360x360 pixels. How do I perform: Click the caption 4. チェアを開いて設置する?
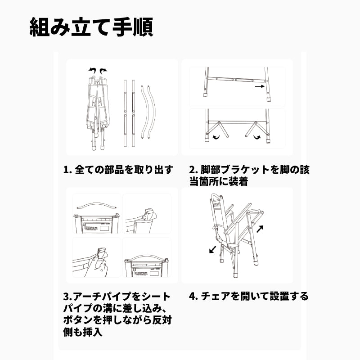248,296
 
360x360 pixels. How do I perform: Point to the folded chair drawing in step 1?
98,108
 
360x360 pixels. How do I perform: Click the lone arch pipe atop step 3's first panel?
97,205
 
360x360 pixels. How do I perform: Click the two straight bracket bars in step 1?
129,112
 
